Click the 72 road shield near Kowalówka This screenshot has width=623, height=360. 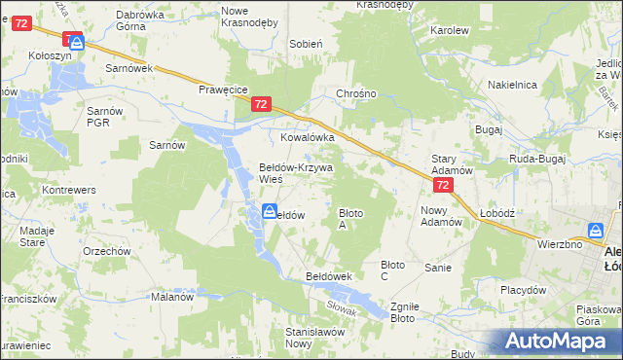click(x=260, y=103)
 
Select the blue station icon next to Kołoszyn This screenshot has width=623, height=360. click(x=77, y=43)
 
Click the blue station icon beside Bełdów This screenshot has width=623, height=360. click(x=268, y=212)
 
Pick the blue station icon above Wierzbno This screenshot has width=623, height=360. click(x=594, y=231)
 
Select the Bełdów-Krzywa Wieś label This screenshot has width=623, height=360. click(x=295, y=172)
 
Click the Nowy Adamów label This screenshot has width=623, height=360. click(x=440, y=215)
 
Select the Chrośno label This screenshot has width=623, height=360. click(x=355, y=94)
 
